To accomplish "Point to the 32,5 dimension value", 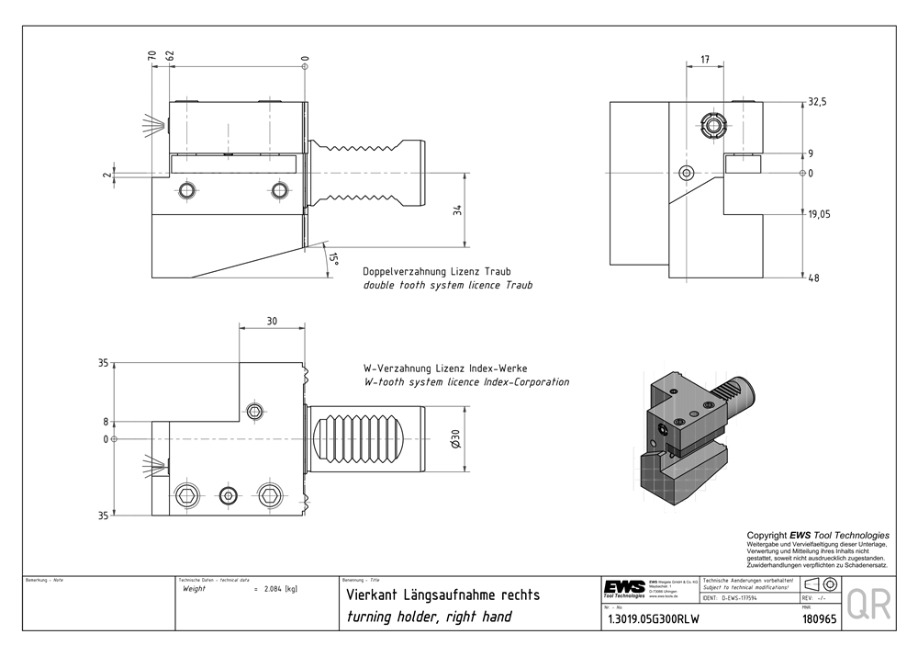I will click(x=817, y=102).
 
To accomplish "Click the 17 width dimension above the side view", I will click(x=704, y=60).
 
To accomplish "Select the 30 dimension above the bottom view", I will click(x=272, y=322).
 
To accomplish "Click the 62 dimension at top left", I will click(x=170, y=57).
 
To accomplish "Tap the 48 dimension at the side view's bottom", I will click(x=813, y=278).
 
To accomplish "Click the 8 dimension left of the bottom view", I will click(x=106, y=423).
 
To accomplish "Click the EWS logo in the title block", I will click(x=624, y=588).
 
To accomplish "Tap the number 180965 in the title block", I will click(x=819, y=619).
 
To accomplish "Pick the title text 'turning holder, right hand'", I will click(x=430, y=616).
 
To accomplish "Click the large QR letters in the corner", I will click(x=868, y=606).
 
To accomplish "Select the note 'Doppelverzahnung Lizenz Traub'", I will click(x=437, y=272).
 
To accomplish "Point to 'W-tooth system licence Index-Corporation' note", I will click(x=466, y=382).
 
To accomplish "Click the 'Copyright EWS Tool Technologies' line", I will click(x=817, y=535).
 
